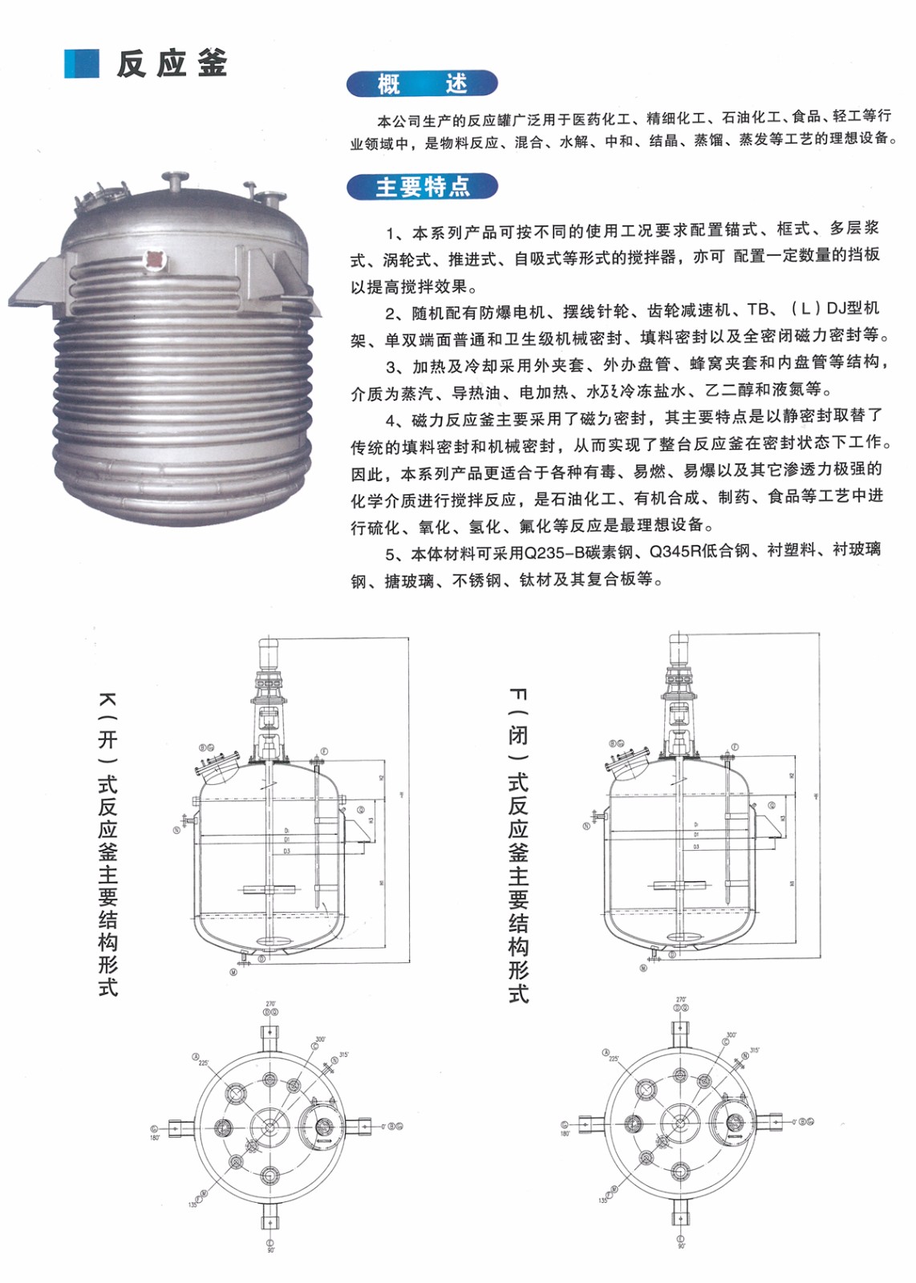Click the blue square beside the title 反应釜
click(82, 63)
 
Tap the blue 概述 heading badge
click(422, 83)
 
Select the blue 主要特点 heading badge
click(422, 187)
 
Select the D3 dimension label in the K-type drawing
click(286, 850)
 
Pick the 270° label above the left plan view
click(271, 1004)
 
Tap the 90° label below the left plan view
click(271, 1250)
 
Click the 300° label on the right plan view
click(731, 1035)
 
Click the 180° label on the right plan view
click(565, 1133)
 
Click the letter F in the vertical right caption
click(518, 694)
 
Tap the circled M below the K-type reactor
click(233, 971)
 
